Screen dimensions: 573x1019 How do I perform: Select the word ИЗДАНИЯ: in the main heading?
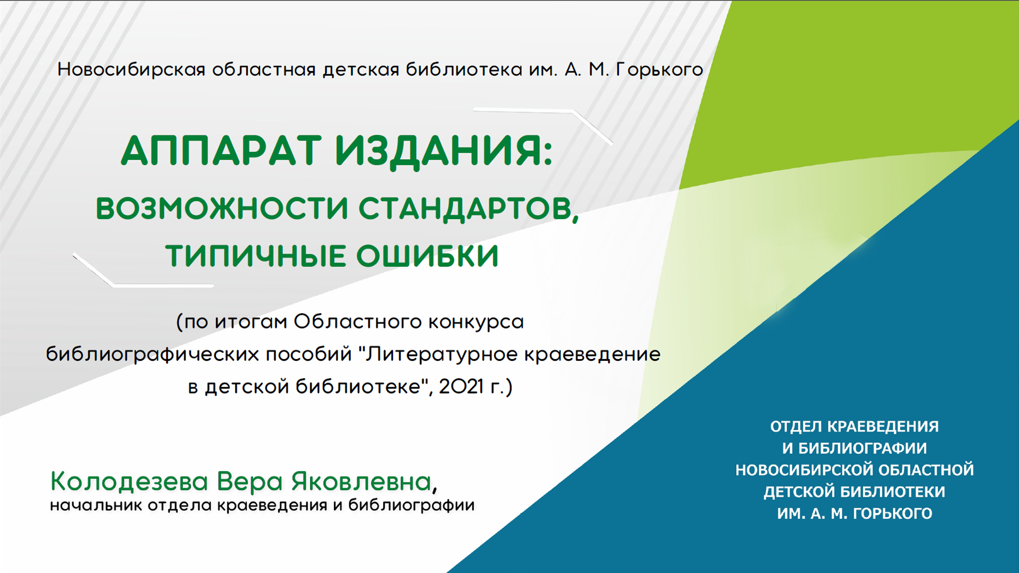[444, 151]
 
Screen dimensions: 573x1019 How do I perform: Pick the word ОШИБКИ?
[427, 256]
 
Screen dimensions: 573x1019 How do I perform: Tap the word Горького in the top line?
[659, 70]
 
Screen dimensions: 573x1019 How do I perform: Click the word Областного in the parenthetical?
[358, 322]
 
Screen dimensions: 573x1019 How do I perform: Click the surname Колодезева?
[129, 482]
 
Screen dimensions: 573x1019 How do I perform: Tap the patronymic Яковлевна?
[361, 482]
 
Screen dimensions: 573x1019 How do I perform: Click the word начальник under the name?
[96, 506]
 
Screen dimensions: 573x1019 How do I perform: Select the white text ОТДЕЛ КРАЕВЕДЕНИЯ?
[854, 427]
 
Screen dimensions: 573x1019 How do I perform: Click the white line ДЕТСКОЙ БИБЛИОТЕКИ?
[854, 492]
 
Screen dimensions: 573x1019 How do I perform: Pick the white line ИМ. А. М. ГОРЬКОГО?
[854, 514]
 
